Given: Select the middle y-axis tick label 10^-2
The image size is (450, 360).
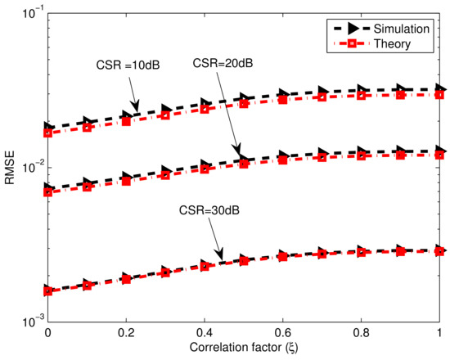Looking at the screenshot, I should coord(29,168).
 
